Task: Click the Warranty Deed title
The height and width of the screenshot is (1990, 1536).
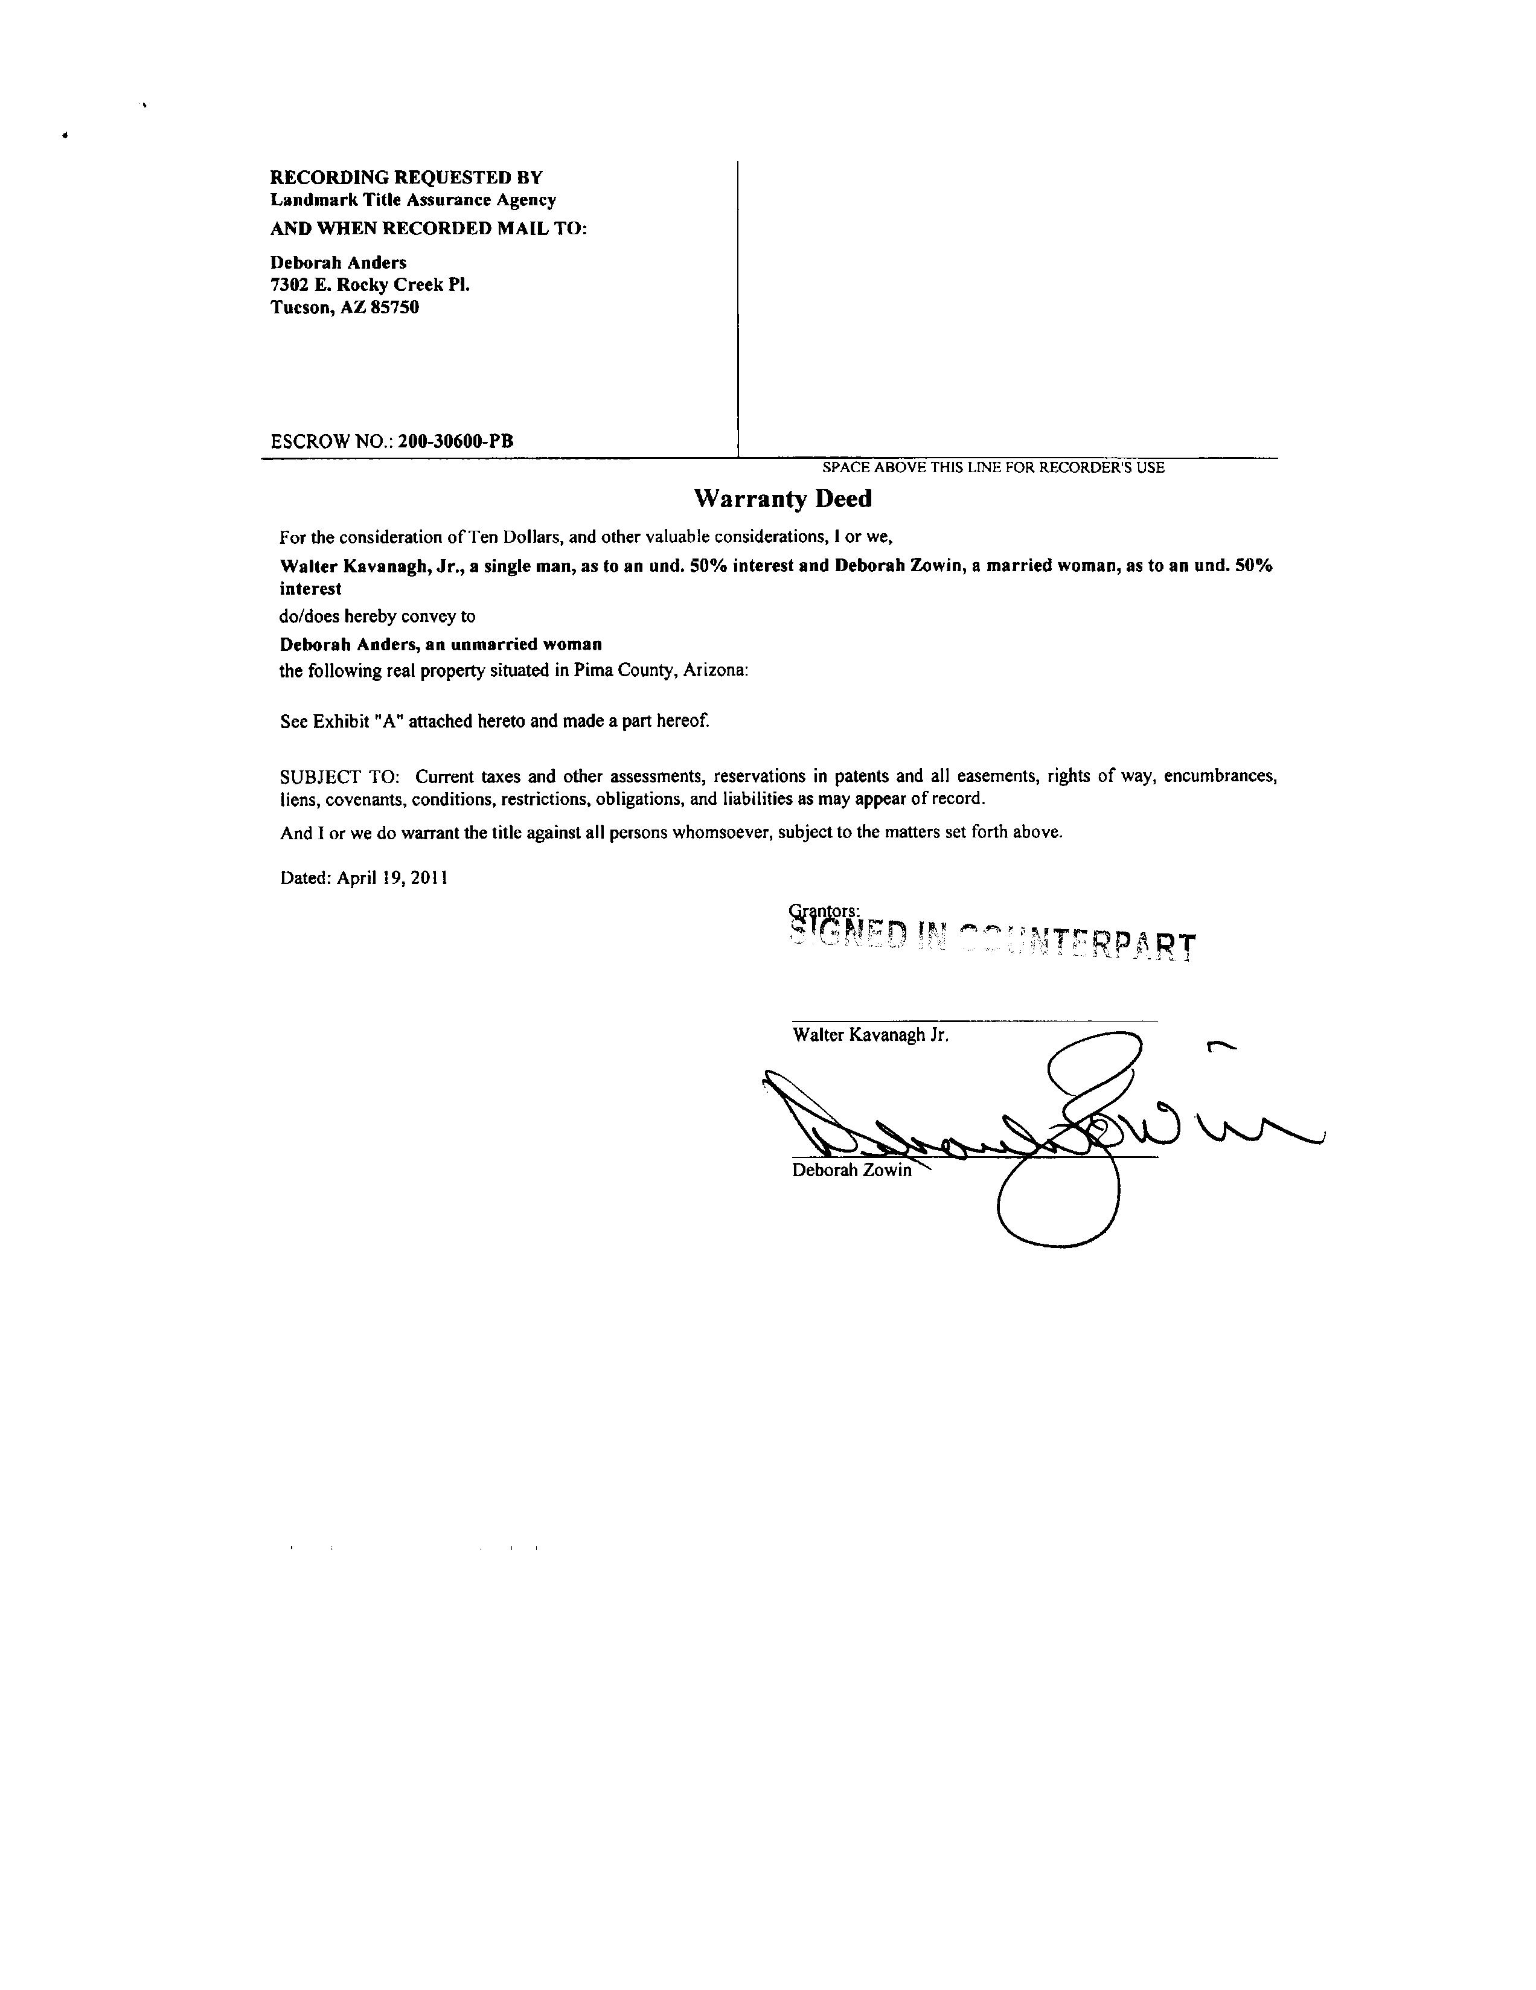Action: [x=782, y=499]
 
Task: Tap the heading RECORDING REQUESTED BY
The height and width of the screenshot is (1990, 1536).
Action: [x=406, y=177]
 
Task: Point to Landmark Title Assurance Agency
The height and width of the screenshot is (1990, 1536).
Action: [x=413, y=200]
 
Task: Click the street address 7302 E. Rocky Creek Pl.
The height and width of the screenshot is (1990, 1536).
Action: [x=370, y=285]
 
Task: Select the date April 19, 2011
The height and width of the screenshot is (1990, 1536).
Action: [x=392, y=878]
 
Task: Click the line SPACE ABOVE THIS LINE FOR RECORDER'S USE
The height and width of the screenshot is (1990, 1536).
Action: [x=993, y=467]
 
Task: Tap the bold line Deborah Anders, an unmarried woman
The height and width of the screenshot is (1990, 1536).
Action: [x=440, y=645]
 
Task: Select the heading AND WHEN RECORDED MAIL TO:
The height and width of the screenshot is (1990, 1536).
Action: [x=428, y=228]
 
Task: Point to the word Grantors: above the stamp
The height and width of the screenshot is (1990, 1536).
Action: [x=824, y=910]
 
